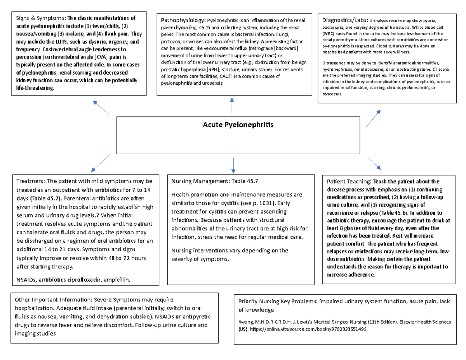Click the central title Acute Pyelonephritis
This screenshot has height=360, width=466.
pyautogui.click(x=238, y=125)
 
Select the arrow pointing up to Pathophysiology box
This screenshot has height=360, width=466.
pyautogui.click(x=232, y=106)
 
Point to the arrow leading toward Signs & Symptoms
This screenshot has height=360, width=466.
pyautogui.click(x=101, y=107)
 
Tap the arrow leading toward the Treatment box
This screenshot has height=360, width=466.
pyautogui.click(x=101, y=163)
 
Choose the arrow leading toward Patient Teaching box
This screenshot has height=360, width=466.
pyautogui.click(x=374, y=163)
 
